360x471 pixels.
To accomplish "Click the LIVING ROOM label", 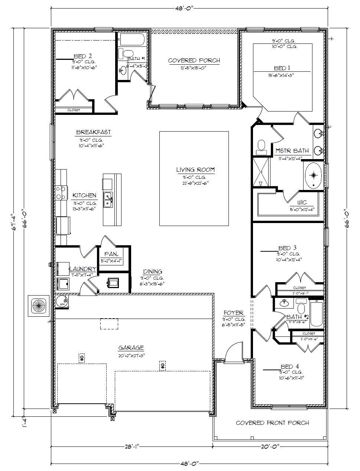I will coord(195,170).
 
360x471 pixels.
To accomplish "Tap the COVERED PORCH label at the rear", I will coord(194,61).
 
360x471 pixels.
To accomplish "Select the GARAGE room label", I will coord(131,348).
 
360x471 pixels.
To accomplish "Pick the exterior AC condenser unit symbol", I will coord(38,306).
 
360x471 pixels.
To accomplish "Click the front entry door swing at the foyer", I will coord(233,351).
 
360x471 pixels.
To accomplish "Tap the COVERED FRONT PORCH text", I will coord(272,423).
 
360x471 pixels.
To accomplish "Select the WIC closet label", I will coord(302,203).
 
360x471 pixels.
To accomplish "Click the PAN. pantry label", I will coord(111,254).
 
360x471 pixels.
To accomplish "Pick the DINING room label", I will coord(152,272).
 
